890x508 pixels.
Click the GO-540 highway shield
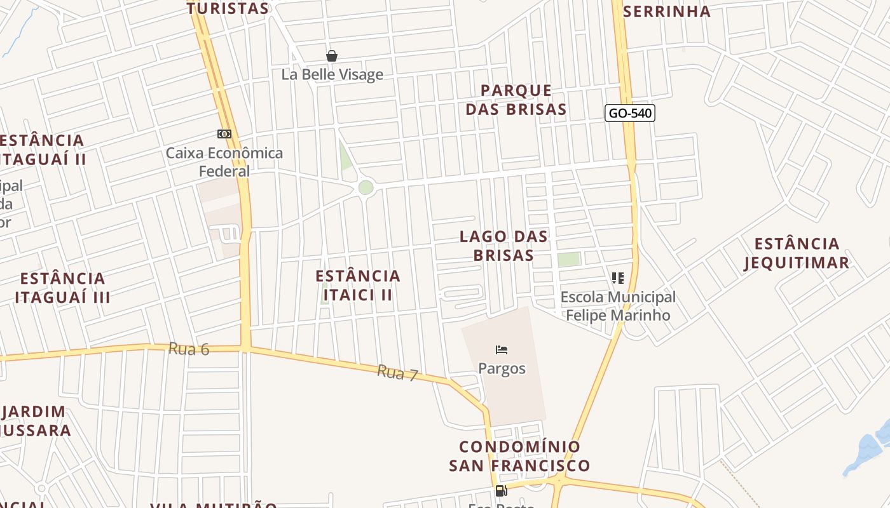[x=629, y=114]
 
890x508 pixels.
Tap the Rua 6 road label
[x=189, y=349]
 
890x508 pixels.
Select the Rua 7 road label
[x=397, y=373]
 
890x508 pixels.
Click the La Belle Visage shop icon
[x=331, y=56]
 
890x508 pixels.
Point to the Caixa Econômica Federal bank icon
[x=224, y=134]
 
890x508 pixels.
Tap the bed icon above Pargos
[x=502, y=349]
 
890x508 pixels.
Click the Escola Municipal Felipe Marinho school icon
[x=617, y=277]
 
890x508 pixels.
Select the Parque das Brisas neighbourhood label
[x=516, y=100]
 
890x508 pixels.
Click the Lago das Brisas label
[x=503, y=246]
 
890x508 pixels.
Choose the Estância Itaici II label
[x=358, y=285]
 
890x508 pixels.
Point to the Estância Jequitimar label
[x=797, y=253]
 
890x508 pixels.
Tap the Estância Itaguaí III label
[x=62, y=288]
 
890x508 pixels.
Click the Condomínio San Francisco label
[x=519, y=456]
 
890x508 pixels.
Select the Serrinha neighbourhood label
[x=667, y=11]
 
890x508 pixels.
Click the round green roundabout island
[x=366, y=187]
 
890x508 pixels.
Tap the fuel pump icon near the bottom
[x=501, y=490]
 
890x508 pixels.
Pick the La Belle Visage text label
[x=332, y=74]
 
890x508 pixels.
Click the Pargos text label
[x=502, y=368]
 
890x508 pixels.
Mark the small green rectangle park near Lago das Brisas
[x=569, y=259]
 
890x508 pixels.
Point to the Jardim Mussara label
[x=35, y=421]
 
